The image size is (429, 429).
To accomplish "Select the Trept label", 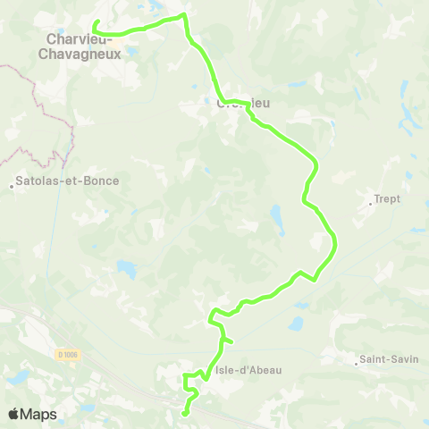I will [x=388, y=199].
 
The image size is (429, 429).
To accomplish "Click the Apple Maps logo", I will [x=32, y=414].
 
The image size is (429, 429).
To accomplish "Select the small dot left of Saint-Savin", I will [x=355, y=362].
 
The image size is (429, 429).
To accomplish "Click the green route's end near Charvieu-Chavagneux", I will [x=95, y=21].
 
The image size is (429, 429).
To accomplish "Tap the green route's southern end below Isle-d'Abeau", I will [x=184, y=414].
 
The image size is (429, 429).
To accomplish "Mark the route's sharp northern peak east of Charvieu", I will [x=184, y=15].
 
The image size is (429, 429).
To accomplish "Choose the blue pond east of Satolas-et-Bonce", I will [x=127, y=268].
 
